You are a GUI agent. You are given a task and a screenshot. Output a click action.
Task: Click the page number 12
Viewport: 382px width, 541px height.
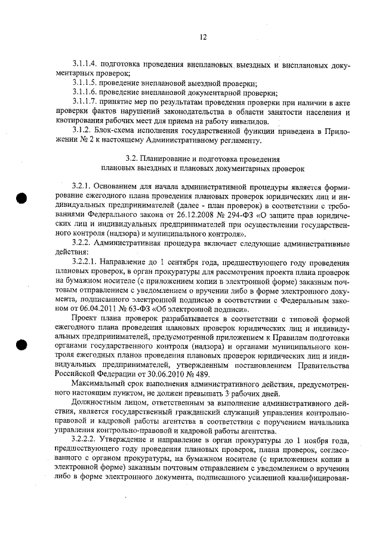point(202,38)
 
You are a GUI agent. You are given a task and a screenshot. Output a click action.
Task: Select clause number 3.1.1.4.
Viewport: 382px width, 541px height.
point(84,63)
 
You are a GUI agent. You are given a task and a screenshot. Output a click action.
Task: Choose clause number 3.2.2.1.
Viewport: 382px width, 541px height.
point(84,265)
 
